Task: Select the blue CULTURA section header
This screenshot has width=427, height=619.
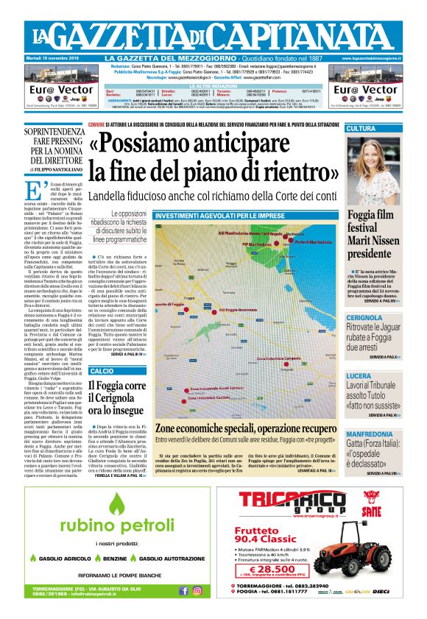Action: [x=383, y=129]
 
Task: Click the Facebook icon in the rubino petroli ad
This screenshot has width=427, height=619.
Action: [x=183, y=590]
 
